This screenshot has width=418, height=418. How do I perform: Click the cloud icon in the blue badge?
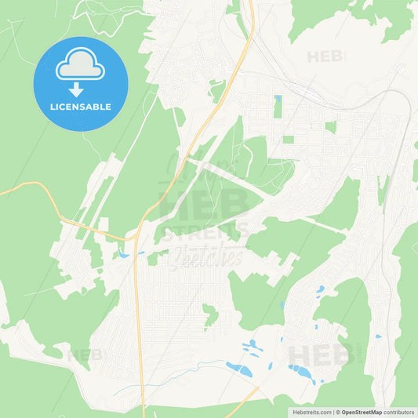pyautogui.click(x=81, y=64)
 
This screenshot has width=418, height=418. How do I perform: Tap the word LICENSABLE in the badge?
pyautogui.click(x=81, y=107)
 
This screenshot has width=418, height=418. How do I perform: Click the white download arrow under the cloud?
pyautogui.click(x=77, y=89)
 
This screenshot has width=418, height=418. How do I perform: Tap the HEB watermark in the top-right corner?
pyautogui.click(x=325, y=56)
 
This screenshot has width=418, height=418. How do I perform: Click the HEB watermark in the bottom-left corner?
pyautogui.click(x=85, y=355)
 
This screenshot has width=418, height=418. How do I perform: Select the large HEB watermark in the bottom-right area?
pyautogui.click(x=318, y=355)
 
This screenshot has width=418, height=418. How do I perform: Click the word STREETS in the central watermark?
pyautogui.click(x=205, y=230)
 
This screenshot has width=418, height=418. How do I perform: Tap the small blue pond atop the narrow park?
pyautogui.click(x=278, y=99)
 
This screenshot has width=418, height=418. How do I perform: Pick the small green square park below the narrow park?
pyautogui.click(x=289, y=140)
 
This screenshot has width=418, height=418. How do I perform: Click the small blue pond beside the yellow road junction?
pyautogui.click(x=123, y=255)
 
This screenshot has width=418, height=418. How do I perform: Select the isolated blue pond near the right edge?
pyautogui.click(x=378, y=336)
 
